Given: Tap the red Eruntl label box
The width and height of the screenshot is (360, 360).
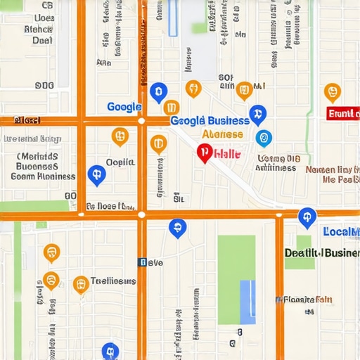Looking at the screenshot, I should click(x=344, y=113).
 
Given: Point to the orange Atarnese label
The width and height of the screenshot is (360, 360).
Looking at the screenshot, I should click(x=222, y=134).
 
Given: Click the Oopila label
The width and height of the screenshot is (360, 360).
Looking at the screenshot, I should click(x=120, y=162).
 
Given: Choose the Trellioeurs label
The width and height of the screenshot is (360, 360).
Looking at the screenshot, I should click(x=113, y=281).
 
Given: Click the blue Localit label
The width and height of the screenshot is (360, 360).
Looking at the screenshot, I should click(x=341, y=231).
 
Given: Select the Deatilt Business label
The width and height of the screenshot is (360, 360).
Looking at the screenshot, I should click(x=322, y=253).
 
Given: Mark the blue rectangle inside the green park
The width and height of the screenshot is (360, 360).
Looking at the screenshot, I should click(x=247, y=302).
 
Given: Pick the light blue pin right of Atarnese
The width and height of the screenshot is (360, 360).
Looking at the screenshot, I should click(x=264, y=138).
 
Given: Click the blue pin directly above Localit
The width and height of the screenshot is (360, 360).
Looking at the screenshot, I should click(x=307, y=217).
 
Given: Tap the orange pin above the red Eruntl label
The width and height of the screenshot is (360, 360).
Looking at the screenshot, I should click(x=332, y=92).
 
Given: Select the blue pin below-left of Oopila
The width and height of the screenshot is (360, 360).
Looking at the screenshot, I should click(x=96, y=175).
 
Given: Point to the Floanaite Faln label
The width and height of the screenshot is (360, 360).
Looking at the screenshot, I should click(x=304, y=300).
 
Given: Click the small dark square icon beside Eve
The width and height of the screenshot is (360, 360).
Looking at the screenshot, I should click(x=143, y=262).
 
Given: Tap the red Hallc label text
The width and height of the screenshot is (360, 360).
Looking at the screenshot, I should click(x=226, y=153).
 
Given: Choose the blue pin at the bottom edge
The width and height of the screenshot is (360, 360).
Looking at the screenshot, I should click(x=110, y=351).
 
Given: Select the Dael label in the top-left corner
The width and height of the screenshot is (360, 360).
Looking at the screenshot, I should click(x=42, y=41).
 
